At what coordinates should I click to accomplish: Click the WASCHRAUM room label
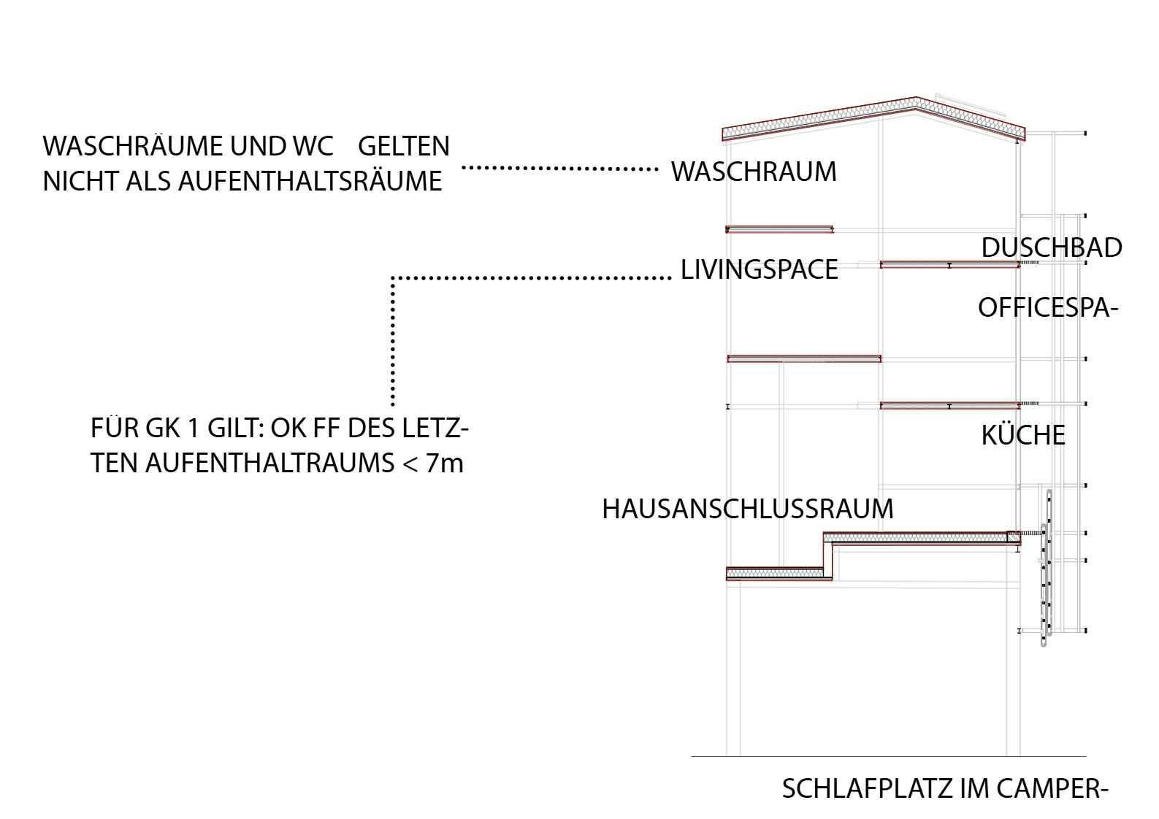pos(754,172)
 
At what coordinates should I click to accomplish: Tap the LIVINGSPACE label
pos(759,270)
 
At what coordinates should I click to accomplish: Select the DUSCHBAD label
pos(1051,248)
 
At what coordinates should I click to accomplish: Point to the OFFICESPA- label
pos(1048,308)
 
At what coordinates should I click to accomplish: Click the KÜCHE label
pos(1022,436)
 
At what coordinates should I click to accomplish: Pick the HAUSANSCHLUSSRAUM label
pos(747,509)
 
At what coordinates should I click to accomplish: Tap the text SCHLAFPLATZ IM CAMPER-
pos(945,789)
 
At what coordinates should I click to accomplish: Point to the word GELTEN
pos(404,146)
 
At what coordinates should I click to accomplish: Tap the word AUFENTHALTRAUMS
pos(269,464)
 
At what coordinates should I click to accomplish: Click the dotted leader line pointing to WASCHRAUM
pos(559,168)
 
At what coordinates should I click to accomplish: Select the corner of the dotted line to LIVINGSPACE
pos(393,278)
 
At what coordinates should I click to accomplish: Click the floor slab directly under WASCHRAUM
pos(779,230)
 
